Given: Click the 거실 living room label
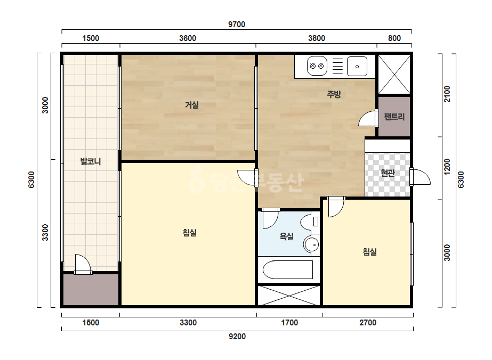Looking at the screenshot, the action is coord(192,105).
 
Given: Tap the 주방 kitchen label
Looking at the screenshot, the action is coord(334,94).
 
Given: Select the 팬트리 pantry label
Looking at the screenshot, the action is coord(394,117).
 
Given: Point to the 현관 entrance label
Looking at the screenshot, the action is coord(388,173).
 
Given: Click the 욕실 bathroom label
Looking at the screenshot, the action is coord(286,236).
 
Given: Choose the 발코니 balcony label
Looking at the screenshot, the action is coord(91,161).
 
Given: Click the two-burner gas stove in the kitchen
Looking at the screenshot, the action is coord(317,66).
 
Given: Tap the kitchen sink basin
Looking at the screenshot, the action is coord(357,66).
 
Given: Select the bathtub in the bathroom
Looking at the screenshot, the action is coord(288,269).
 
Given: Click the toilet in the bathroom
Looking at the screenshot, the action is coord(310,222).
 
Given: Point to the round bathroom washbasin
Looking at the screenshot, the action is coord(311,244).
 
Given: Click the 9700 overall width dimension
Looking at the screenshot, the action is coord(237,24).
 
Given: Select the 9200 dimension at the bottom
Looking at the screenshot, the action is coord(237,337).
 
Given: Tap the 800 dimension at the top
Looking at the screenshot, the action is coord(394,38).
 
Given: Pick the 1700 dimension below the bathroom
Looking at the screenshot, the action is coord(289,323).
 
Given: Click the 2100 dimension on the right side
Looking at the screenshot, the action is coord(447,94).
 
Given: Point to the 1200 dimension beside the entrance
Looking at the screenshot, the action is coord(447,167).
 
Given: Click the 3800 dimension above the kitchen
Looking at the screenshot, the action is coord(317,38).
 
